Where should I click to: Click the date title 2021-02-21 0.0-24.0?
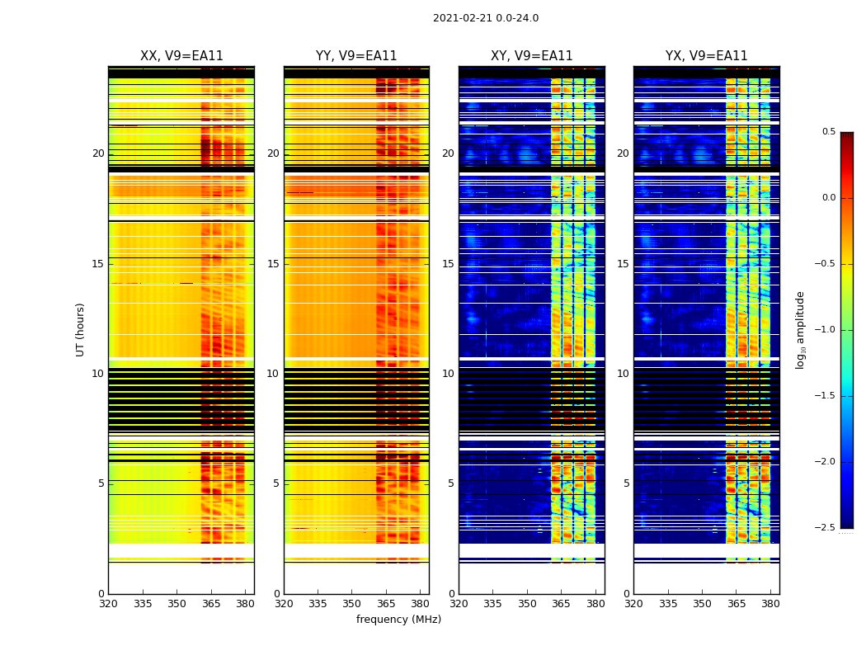[x=486, y=18]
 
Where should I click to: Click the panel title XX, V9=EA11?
[x=181, y=56]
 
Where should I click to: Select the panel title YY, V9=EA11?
[x=356, y=56]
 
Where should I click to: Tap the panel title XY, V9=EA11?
[x=531, y=56]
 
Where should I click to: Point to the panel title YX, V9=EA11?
[x=706, y=56]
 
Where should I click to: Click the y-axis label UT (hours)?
[x=81, y=329]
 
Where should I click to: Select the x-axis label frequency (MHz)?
[x=398, y=620]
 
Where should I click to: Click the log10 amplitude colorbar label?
[x=800, y=329]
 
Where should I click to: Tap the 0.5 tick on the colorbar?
[x=828, y=132]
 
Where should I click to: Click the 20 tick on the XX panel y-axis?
[x=98, y=153]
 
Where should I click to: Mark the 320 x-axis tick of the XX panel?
[x=108, y=603]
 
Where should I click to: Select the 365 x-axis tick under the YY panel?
[x=386, y=603]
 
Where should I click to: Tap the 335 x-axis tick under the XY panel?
[x=492, y=603]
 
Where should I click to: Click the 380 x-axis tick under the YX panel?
[x=770, y=603]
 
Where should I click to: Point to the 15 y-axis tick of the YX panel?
[x=624, y=264]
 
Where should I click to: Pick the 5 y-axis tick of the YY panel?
[x=276, y=483]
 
